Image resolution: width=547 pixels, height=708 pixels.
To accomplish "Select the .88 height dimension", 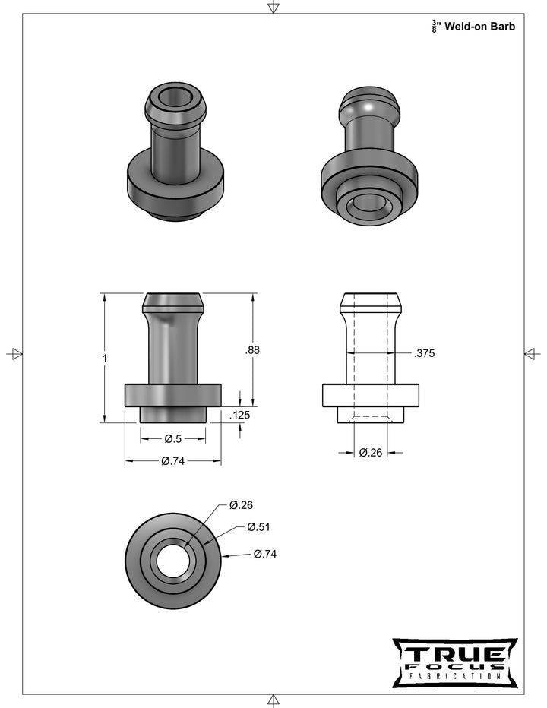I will pos(251,350).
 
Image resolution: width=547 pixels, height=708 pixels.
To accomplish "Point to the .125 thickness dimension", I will pos(240,415).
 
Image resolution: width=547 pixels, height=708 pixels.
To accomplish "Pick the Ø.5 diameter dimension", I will pos(172,438).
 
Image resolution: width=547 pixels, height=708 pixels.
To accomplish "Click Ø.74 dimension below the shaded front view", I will pos(172,460).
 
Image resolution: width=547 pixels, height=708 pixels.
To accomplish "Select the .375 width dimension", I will pos(424,353).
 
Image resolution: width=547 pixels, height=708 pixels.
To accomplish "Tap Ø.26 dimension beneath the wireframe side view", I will pos(370,453).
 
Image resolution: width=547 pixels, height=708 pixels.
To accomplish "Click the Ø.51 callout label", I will pos(258,527).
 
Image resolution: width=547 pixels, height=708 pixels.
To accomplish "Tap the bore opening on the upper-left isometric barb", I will pos(175,97).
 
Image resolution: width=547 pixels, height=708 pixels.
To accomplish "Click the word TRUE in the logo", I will pos(454,654).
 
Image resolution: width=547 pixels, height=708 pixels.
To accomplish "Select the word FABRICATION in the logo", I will pos(454,676).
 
